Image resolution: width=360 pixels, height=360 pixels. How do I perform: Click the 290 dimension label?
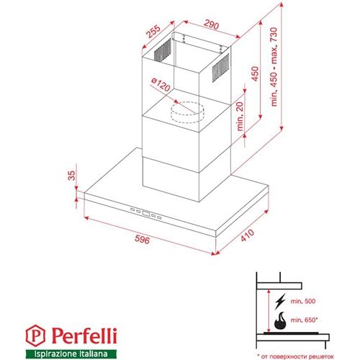click(211, 23)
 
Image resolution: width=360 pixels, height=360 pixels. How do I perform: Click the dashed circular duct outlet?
click(186, 111)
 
